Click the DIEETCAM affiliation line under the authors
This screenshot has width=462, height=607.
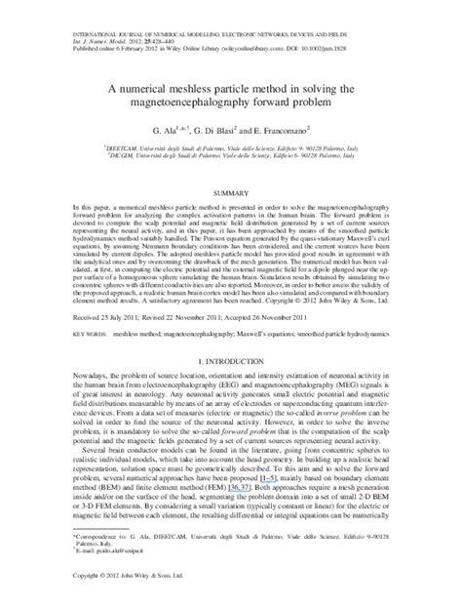[230, 143]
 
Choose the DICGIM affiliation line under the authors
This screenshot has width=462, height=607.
[230, 151]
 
